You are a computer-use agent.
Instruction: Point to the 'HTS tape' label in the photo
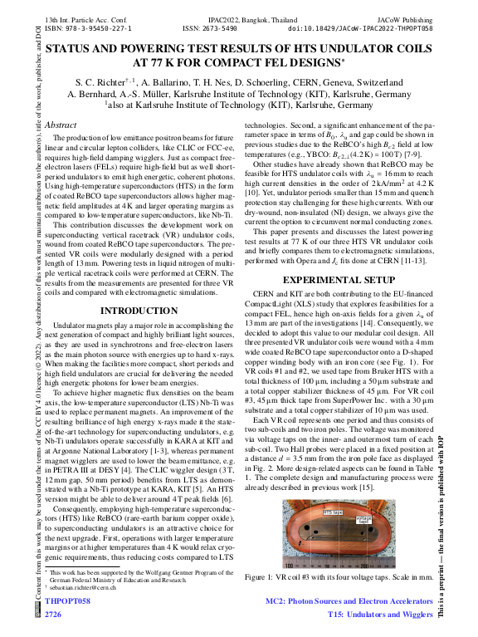[x=333, y=512]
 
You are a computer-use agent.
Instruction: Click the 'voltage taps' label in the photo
[x=363, y=520]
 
